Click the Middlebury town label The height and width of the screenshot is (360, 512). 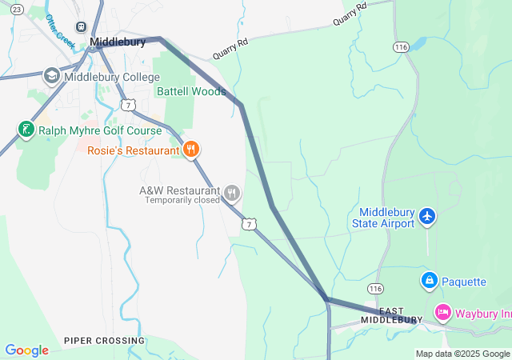[x=118, y=42]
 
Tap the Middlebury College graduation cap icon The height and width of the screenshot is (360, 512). [x=52, y=75]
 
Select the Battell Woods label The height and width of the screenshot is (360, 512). [x=191, y=91]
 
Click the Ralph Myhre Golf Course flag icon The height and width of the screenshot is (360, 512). [x=25, y=130]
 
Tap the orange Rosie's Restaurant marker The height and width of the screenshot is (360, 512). [x=190, y=149]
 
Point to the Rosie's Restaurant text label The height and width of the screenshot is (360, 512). [x=133, y=150]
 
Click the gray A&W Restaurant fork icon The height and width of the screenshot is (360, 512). [x=232, y=192]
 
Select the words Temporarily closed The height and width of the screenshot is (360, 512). [x=182, y=201]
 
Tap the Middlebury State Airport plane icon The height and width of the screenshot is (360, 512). [x=427, y=216]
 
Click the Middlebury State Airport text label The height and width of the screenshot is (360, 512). [x=383, y=218]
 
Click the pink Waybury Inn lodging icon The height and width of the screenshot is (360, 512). [x=442, y=312]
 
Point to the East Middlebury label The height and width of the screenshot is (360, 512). [x=390, y=315]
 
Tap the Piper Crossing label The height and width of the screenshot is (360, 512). [x=105, y=341]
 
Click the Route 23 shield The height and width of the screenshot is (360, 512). [x=17, y=8]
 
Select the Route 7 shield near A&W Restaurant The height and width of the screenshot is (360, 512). [x=250, y=224]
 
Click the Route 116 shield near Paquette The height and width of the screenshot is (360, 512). [x=375, y=287]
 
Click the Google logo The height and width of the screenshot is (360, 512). [x=26, y=350]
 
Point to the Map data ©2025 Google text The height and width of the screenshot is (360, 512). [x=462, y=354]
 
